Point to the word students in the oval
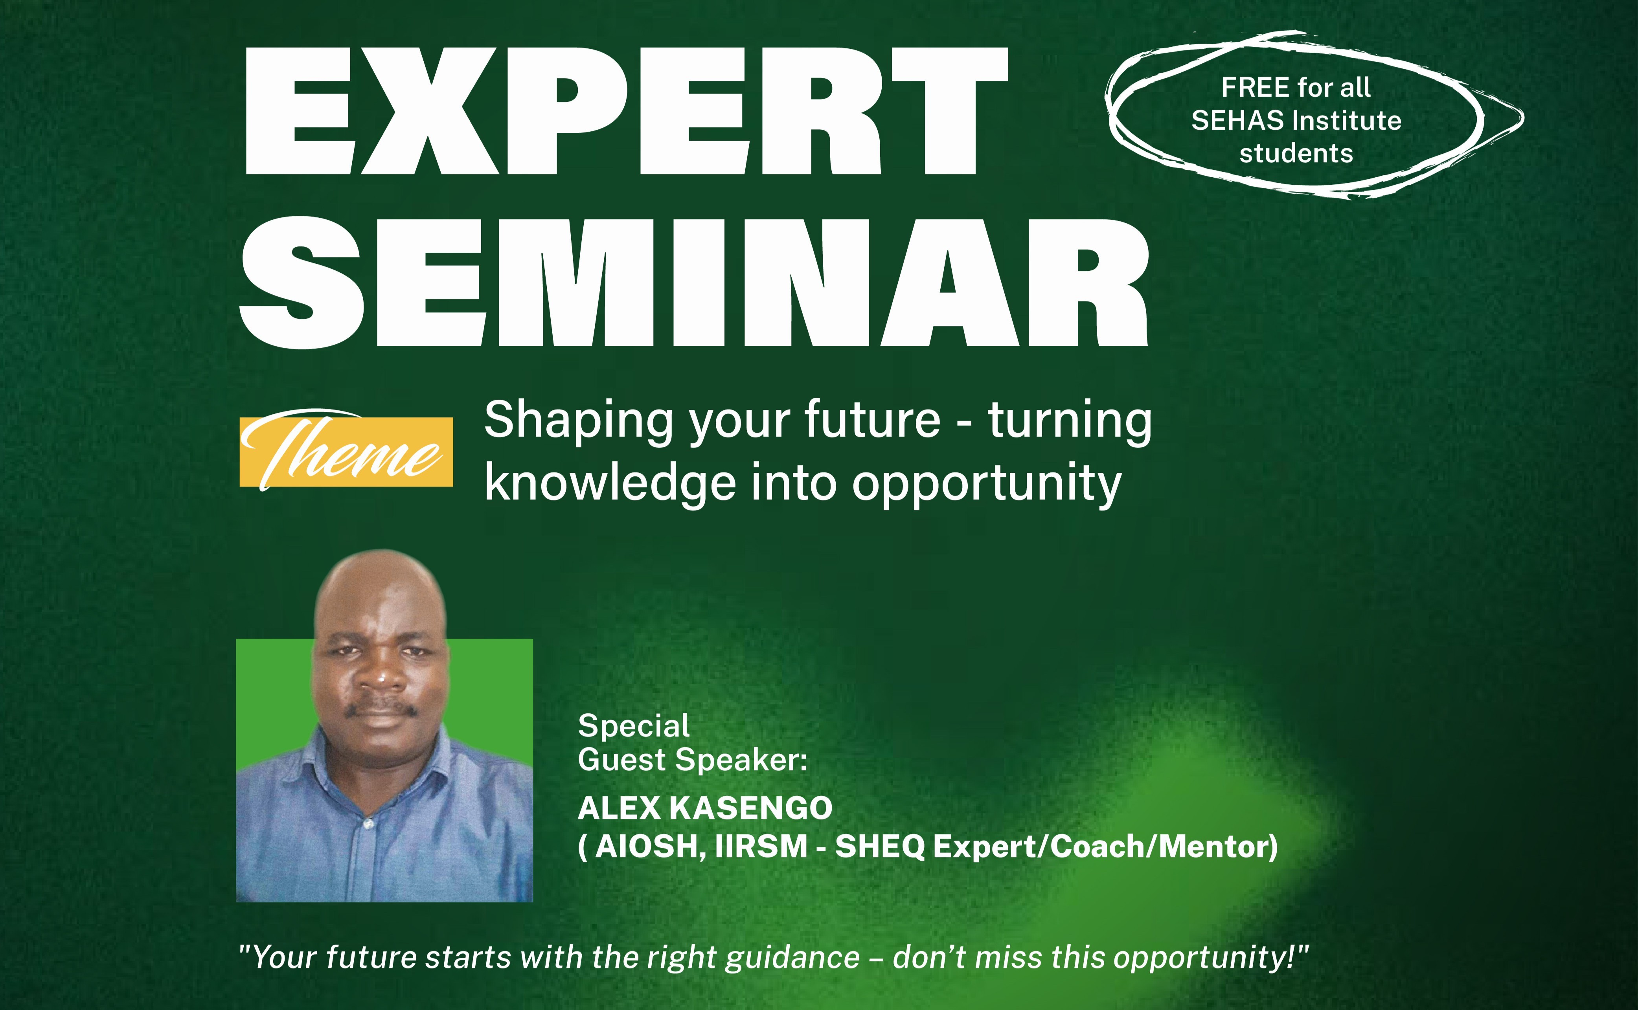(x=1296, y=154)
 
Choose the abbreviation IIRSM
(x=761, y=847)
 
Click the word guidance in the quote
(x=792, y=958)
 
